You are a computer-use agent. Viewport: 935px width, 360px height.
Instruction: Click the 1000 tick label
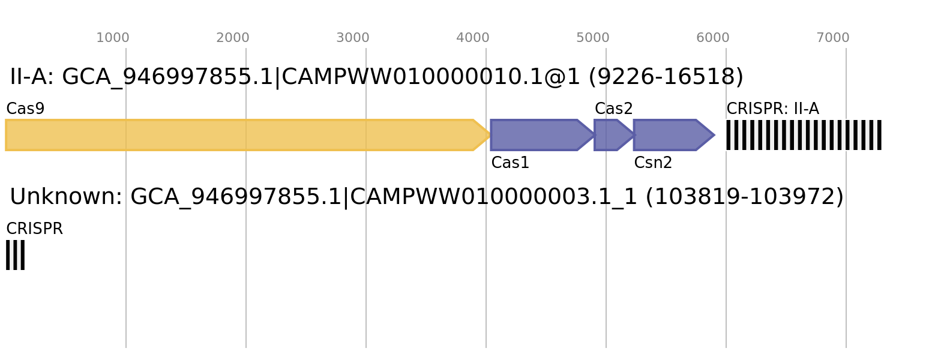[x=113, y=38]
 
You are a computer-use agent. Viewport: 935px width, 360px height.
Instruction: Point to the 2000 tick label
[x=233, y=38]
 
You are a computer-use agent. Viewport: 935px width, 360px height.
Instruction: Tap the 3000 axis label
[x=353, y=38]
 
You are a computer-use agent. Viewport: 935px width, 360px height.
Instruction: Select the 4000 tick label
[x=473, y=38]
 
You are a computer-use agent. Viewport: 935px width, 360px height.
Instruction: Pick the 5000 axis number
[x=593, y=38]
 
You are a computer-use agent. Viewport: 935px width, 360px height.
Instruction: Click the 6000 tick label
[x=713, y=38]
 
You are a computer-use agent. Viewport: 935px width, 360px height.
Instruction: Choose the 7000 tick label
[x=833, y=38]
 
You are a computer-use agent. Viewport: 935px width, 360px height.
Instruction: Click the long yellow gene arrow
[x=240, y=135]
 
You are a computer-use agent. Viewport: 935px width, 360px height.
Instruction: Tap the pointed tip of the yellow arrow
[x=489, y=135]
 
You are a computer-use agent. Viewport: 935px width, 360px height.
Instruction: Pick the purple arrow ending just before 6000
[x=669, y=135]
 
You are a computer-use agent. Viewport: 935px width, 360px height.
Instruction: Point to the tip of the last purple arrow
[x=714, y=135]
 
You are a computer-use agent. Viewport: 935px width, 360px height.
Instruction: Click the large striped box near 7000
[x=804, y=135]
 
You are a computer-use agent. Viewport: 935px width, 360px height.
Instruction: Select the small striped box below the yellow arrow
[x=15, y=255]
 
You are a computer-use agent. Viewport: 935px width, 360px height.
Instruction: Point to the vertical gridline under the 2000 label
[x=246, y=270]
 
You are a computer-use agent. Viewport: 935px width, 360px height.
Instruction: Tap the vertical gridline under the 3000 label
[x=366, y=270]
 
